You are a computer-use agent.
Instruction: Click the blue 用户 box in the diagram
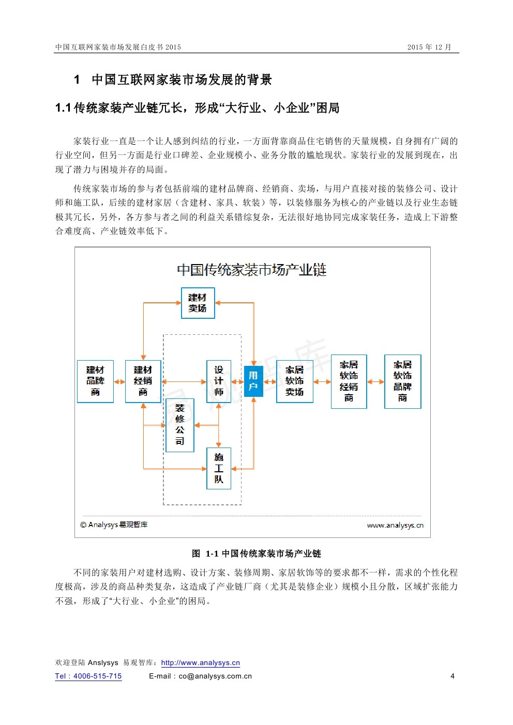tap(253, 381)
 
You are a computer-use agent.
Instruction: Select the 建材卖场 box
tap(198, 303)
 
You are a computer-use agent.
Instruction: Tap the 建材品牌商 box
tap(95, 381)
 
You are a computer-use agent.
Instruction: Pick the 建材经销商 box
tap(143, 381)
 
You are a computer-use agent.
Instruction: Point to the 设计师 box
tap(219, 381)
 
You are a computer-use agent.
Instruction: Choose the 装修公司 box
tap(179, 425)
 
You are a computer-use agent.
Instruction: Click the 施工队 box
tap(219, 468)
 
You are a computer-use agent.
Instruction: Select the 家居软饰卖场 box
tap(294, 381)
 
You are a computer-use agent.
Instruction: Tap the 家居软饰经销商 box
tap(349, 381)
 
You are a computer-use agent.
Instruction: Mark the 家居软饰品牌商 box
tap(402, 381)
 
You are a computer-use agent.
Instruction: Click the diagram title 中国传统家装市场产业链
tap(252, 270)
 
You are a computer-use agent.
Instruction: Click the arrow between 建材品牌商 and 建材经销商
tap(119, 382)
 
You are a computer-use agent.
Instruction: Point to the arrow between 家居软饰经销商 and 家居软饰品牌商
tap(375, 382)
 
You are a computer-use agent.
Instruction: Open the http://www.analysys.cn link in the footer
tap(201, 663)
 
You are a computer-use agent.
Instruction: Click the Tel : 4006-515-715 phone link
tap(88, 676)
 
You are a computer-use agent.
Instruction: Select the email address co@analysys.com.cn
tap(215, 676)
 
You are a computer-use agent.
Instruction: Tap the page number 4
tap(452, 676)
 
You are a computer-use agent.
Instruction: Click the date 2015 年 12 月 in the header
tap(429, 47)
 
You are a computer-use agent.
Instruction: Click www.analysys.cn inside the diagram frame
tap(395, 526)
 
